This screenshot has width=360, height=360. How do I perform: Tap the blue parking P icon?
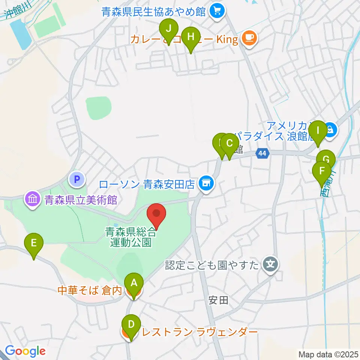coord(78,179)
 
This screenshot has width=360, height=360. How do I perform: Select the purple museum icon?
coord(33,199)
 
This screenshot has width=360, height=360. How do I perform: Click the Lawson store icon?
coord(205,183)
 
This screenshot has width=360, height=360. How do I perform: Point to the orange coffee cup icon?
coord(249,37)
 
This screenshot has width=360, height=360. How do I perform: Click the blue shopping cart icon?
coord(217,11)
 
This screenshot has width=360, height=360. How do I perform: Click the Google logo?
coord(25,351)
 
